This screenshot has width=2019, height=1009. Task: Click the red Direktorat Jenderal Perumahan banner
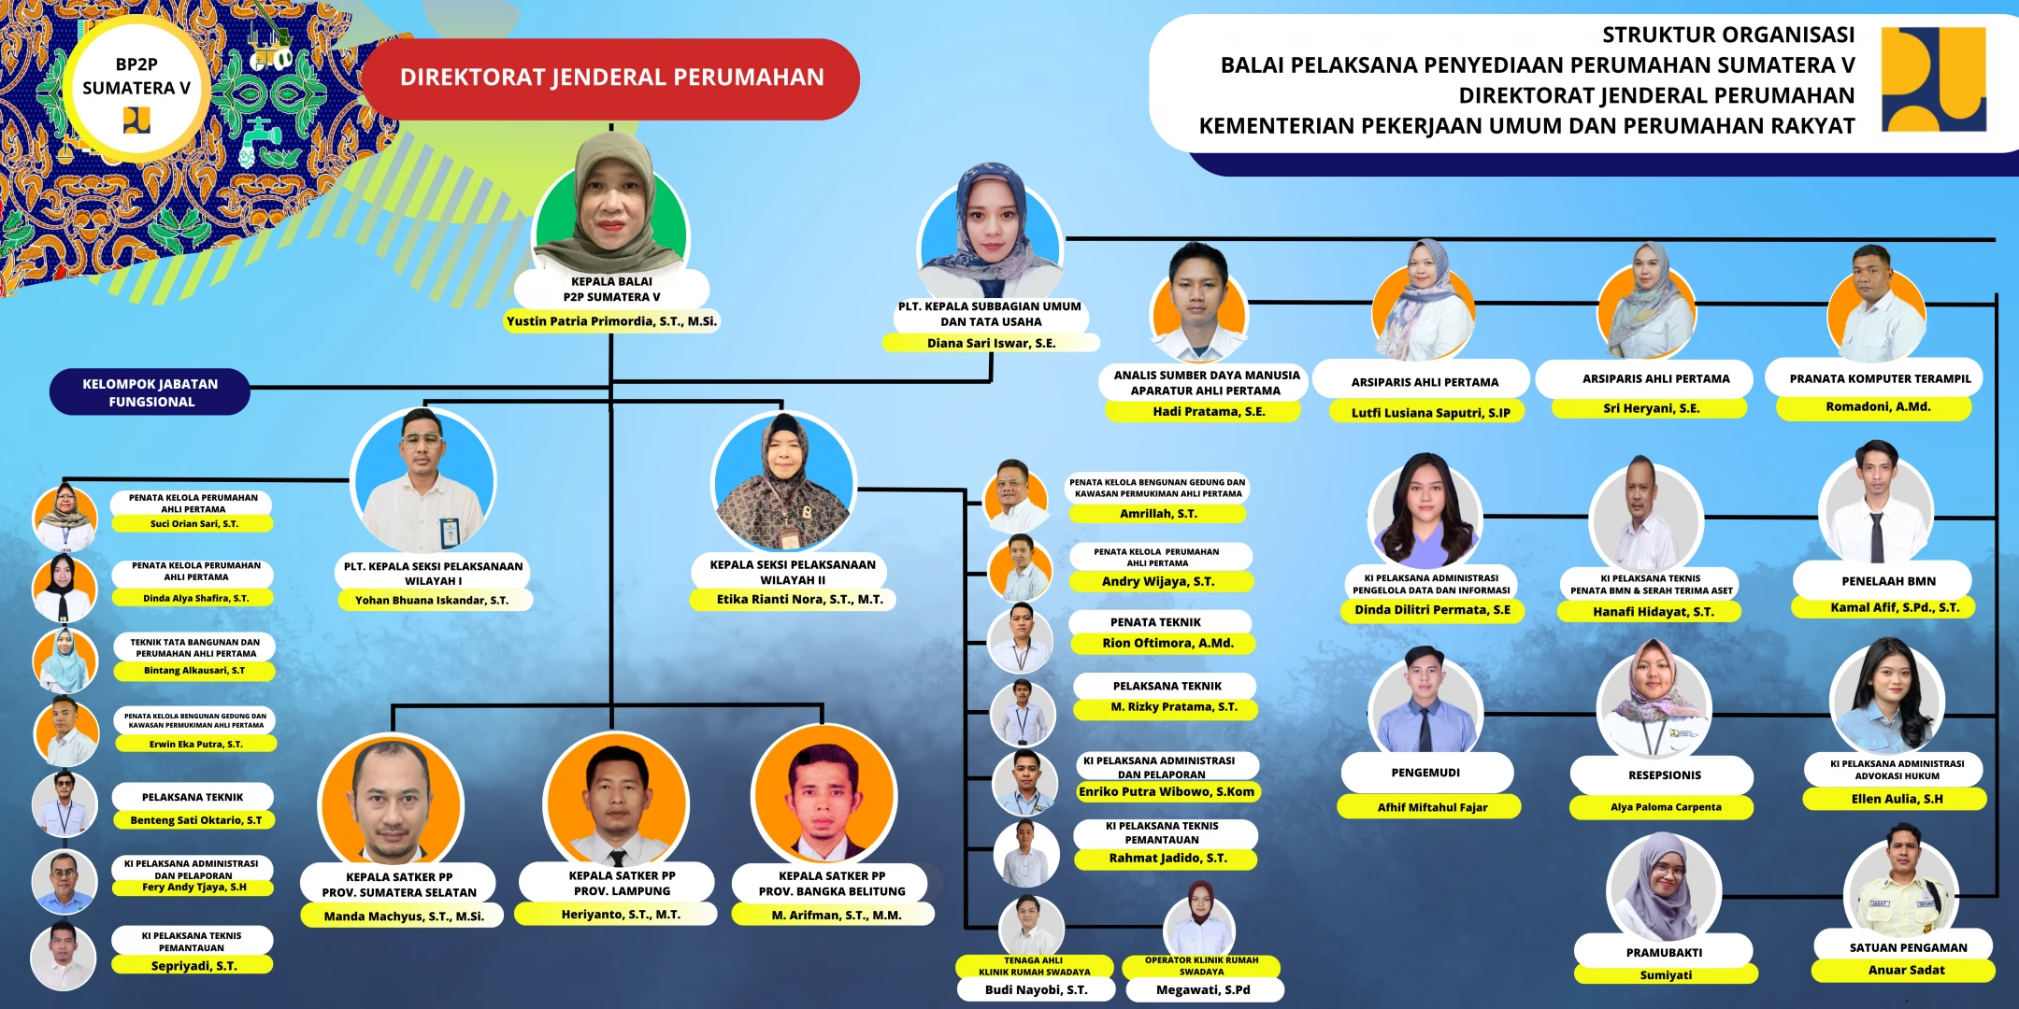coord(610,78)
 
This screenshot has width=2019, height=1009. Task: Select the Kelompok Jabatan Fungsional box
coord(150,392)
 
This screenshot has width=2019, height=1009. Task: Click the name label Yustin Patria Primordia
coord(611,321)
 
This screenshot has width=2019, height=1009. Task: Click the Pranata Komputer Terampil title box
coord(1880,378)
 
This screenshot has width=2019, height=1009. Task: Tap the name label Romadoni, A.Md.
coord(1877,407)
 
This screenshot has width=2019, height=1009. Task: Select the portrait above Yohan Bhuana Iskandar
coord(423,481)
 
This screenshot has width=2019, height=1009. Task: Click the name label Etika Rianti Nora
coord(799,600)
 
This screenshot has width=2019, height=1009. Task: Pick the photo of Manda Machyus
coord(391,800)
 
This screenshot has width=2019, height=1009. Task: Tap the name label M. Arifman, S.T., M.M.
coord(836,916)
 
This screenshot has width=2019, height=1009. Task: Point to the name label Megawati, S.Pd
coord(1203,989)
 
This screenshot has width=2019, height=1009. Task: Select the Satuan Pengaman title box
coord(1907,947)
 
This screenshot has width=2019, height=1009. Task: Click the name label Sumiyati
coord(1666,975)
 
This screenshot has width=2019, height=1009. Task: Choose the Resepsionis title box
coord(1664,775)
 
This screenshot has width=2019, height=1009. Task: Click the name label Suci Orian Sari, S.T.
coord(193,524)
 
